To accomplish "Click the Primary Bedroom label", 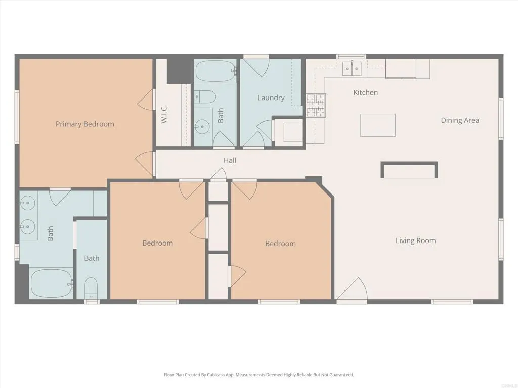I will pos(84,124).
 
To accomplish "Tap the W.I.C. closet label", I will pos(164,114).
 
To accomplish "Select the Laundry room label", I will pos(271,98).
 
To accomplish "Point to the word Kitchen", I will pos(365,92).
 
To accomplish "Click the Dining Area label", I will pos(460,120).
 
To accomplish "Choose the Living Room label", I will pos(415,240).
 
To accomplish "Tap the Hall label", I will pos(230,160).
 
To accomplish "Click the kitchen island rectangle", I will pos(378,125).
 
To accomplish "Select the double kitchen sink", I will pos(352,68).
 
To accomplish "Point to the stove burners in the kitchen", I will pos(315,105).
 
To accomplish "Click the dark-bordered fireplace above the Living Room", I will pos(409,170).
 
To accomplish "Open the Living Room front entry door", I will pos(352,290).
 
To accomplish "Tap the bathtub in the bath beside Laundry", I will pos(215,71).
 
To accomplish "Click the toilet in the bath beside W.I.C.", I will pos(206,96).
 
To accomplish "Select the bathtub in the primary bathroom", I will pos(51,283).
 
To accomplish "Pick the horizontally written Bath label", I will pos(92,258).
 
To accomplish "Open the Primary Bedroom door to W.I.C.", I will pos(146,100).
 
